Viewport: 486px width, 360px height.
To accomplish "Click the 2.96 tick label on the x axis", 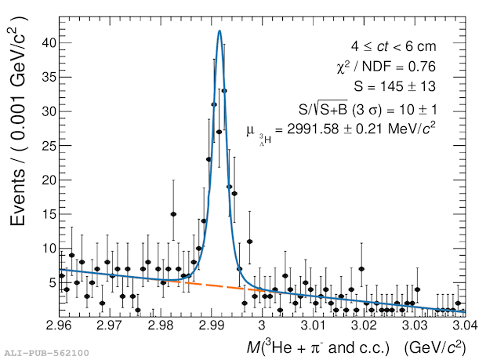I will [x=63, y=325].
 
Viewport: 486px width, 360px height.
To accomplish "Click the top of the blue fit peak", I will [x=219, y=31].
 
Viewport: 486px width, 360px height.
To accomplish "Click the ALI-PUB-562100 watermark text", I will [x=47, y=354].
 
